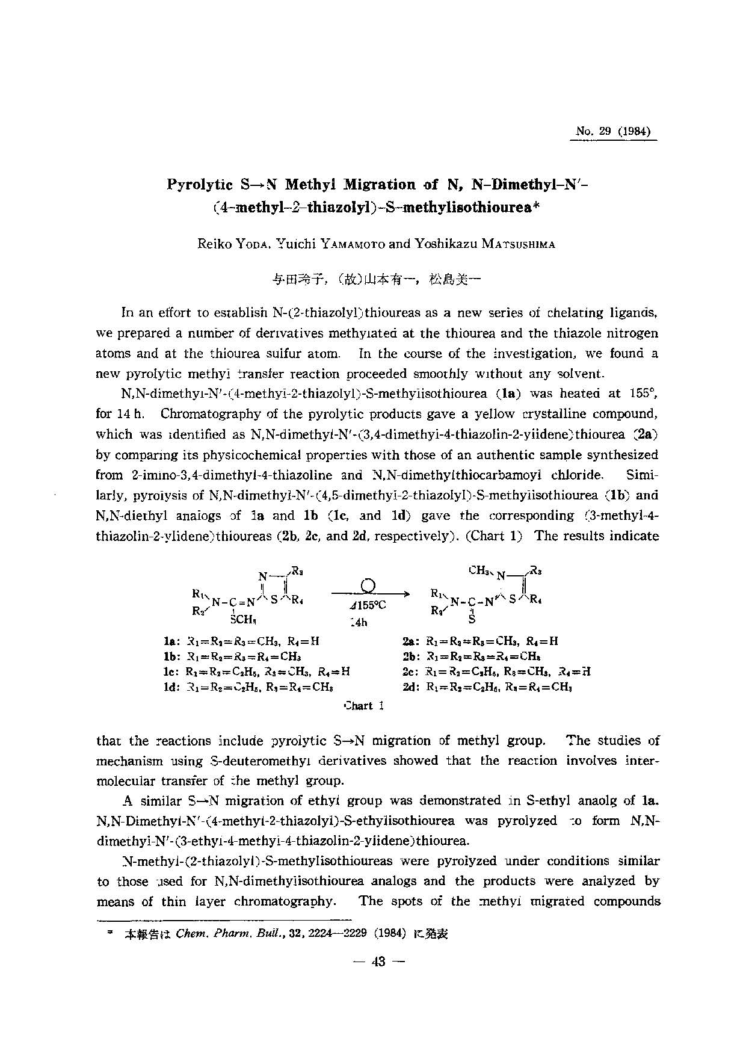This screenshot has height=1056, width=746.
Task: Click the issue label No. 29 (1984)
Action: (x=613, y=131)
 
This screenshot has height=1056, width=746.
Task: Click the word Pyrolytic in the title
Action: (x=200, y=184)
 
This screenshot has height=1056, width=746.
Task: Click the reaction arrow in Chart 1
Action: (x=370, y=593)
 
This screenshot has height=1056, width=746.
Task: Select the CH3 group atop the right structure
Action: (x=479, y=570)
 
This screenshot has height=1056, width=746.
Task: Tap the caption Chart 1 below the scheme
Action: (x=363, y=706)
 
